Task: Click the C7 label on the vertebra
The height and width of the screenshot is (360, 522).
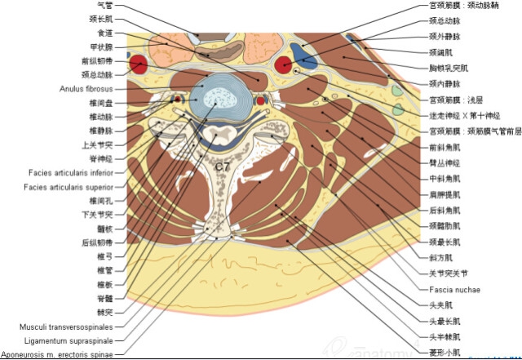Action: (222, 167)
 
